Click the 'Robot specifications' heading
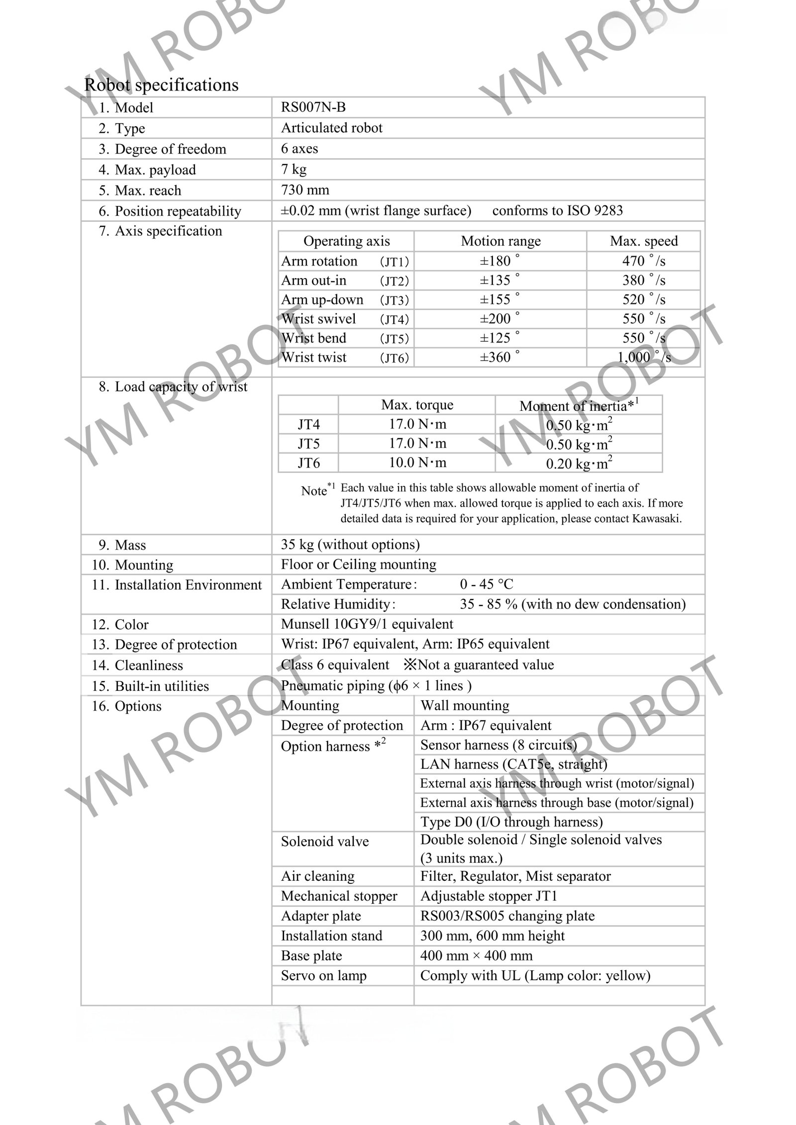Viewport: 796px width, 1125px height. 161,85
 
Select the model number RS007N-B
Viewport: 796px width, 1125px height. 313,107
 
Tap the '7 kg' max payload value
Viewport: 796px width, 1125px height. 294,170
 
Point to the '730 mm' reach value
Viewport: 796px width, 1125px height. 304,190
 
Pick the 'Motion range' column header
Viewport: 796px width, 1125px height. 500,241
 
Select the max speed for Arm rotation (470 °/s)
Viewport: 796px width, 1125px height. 643,261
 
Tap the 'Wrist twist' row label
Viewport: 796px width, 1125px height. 314,357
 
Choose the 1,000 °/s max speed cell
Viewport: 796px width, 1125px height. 644,358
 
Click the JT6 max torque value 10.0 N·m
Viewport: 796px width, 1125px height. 417,463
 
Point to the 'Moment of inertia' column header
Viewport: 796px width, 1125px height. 577,406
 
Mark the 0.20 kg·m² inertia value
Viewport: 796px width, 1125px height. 579,464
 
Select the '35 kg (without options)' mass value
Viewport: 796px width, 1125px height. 350,545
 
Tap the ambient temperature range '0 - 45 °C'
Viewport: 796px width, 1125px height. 486,584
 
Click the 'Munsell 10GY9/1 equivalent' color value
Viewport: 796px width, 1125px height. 367,624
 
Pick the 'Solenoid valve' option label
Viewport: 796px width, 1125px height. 324,842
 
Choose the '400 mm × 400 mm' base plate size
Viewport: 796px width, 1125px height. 476,955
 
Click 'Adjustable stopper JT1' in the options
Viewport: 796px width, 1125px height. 489,896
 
